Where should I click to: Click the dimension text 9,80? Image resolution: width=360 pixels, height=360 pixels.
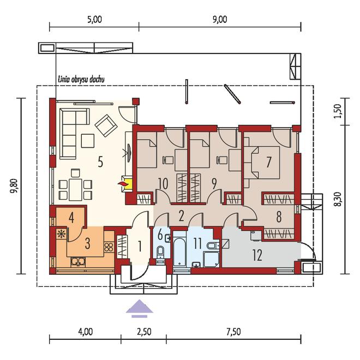[x=15, y=186]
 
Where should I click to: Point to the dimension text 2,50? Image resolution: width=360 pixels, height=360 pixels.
[x=144, y=332]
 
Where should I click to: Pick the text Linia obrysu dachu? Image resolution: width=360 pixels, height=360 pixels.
[x=81, y=79]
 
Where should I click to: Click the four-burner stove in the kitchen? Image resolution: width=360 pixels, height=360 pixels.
[x=109, y=247]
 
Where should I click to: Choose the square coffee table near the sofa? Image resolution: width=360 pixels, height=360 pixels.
[x=87, y=141]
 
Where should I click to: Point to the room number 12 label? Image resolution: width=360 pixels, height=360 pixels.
[x=257, y=255]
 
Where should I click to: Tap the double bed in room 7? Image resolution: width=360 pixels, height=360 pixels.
[x=264, y=163]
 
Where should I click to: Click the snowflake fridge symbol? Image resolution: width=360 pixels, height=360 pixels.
[x=61, y=233]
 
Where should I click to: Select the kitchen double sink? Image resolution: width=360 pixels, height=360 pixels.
[x=78, y=261]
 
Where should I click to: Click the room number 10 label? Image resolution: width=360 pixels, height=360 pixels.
[x=163, y=183]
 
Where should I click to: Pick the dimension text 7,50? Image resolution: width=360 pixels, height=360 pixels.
[x=233, y=332]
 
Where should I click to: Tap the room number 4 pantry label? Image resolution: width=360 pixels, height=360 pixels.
[x=71, y=218]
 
